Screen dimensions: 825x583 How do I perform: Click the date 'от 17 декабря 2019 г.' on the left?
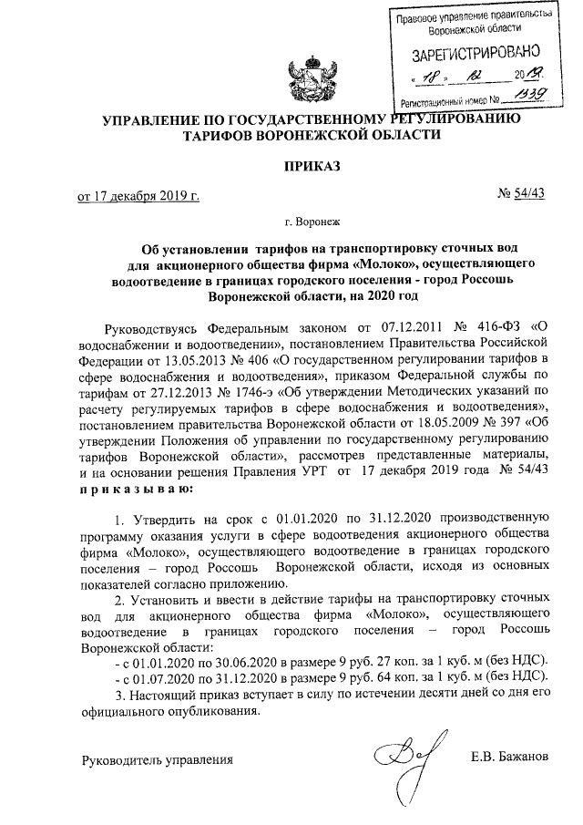(x=138, y=195)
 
